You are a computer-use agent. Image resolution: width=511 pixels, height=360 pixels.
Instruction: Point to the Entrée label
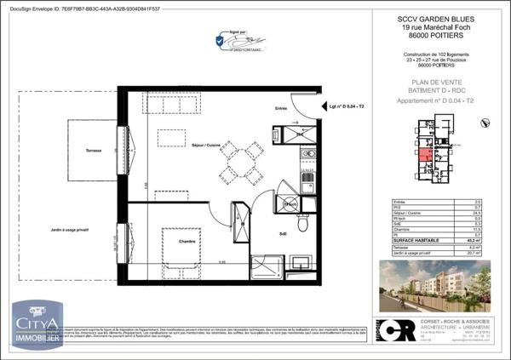click(x=280, y=108)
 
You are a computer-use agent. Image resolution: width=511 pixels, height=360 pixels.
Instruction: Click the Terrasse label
click(x=94, y=151)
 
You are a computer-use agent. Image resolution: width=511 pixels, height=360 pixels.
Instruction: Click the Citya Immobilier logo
click(x=36, y=325)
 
